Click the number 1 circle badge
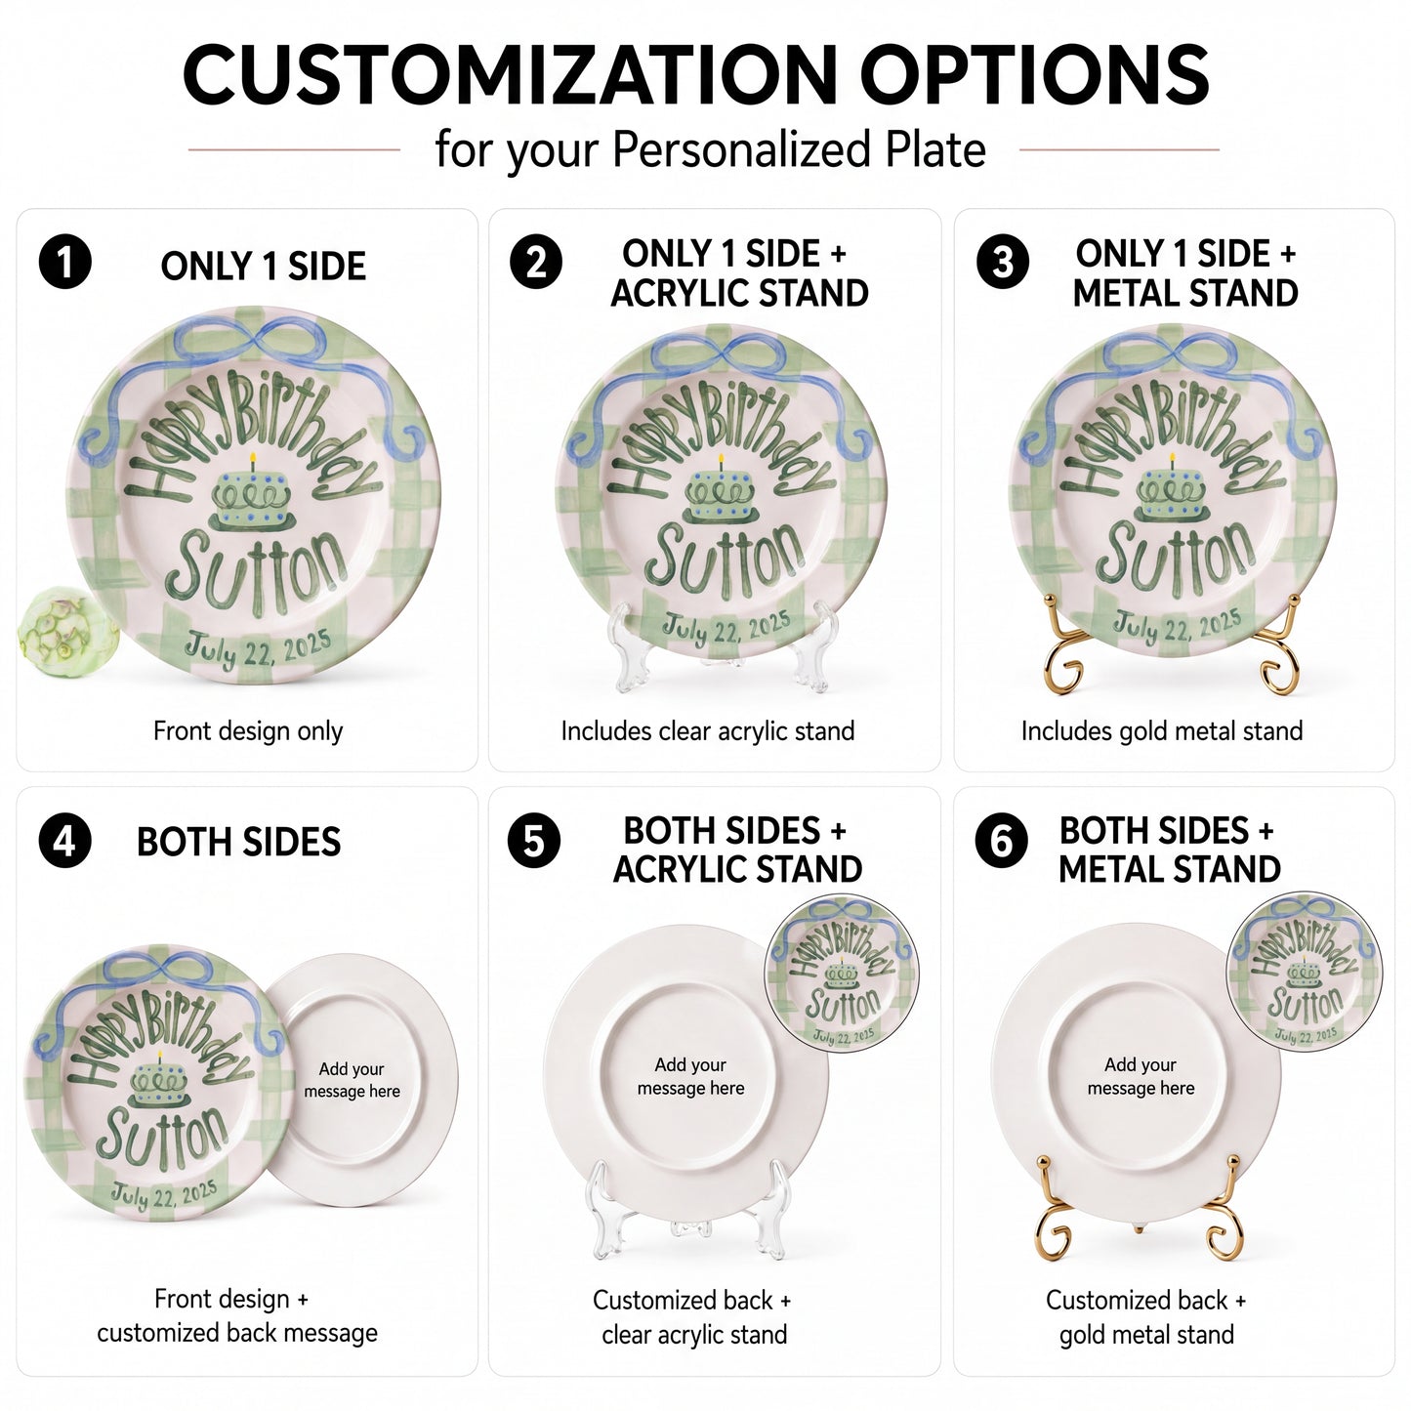[x=65, y=262]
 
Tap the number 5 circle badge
[x=534, y=841]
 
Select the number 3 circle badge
[x=1003, y=262]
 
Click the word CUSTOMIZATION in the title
[x=510, y=75]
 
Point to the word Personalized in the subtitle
[x=742, y=149]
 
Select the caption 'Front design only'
[x=248, y=730]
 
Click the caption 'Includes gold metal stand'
[x=1162, y=730]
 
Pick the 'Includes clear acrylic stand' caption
[x=707, y=730]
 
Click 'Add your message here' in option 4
[x=353, y=1080]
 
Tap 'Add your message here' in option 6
[x=1141, y=1076]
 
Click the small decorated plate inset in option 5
[x=842, y=971]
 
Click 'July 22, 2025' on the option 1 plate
[x=258, y=648]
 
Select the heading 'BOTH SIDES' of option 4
[x=238, y=842]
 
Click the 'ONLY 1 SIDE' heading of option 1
[x=264, y=266]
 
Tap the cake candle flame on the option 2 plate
[x=722, y=459]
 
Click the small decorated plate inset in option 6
[x=1305, y=970]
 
